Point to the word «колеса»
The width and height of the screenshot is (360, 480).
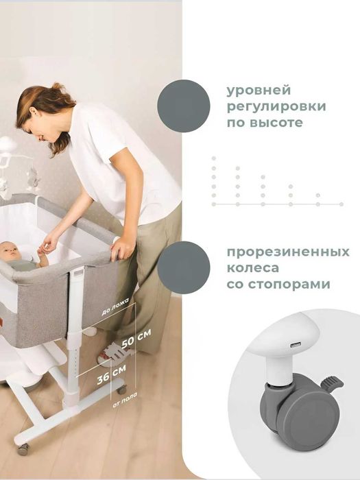[x=250, y=267]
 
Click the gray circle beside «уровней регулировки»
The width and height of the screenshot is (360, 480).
[x=184, y=106]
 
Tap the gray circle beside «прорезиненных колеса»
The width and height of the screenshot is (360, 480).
[x=184, y=267]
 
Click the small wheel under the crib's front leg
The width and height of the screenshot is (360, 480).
[x=23, y=448]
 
